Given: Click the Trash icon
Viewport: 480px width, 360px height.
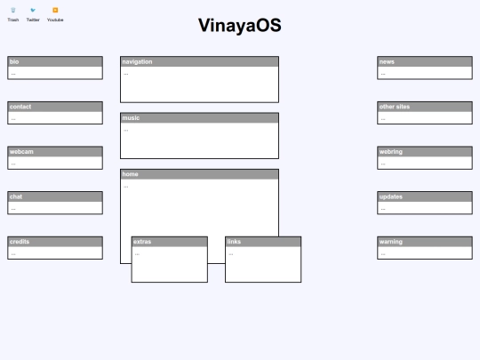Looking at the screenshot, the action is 13,10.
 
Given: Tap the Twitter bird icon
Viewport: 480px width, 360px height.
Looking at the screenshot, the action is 33,10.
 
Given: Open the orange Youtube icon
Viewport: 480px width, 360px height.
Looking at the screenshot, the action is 55,10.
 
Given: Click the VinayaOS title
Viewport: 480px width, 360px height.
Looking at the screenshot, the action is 240,26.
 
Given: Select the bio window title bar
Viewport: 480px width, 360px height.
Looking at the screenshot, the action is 55,61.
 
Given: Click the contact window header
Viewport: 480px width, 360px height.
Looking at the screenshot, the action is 55,107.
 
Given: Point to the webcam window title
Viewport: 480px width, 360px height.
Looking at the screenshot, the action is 55,152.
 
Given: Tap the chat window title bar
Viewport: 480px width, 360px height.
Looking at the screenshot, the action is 55,196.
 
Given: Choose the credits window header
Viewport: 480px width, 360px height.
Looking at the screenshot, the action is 55,242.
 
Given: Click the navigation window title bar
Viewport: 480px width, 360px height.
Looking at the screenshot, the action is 200,61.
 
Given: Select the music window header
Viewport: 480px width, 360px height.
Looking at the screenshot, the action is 200,118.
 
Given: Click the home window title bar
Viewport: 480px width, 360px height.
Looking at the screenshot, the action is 200,174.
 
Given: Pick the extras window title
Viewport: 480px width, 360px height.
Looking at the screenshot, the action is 170,242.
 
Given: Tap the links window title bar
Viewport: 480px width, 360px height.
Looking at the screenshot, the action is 263,242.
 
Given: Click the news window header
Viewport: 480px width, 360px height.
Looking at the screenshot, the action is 425,61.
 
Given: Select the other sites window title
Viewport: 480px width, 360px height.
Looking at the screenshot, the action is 425,107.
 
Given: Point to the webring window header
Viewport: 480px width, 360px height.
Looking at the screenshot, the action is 425,152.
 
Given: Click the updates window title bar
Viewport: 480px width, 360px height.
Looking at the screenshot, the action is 425,196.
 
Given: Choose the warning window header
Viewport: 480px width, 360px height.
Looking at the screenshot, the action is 425,242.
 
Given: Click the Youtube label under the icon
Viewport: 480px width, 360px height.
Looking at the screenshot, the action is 55,20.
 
